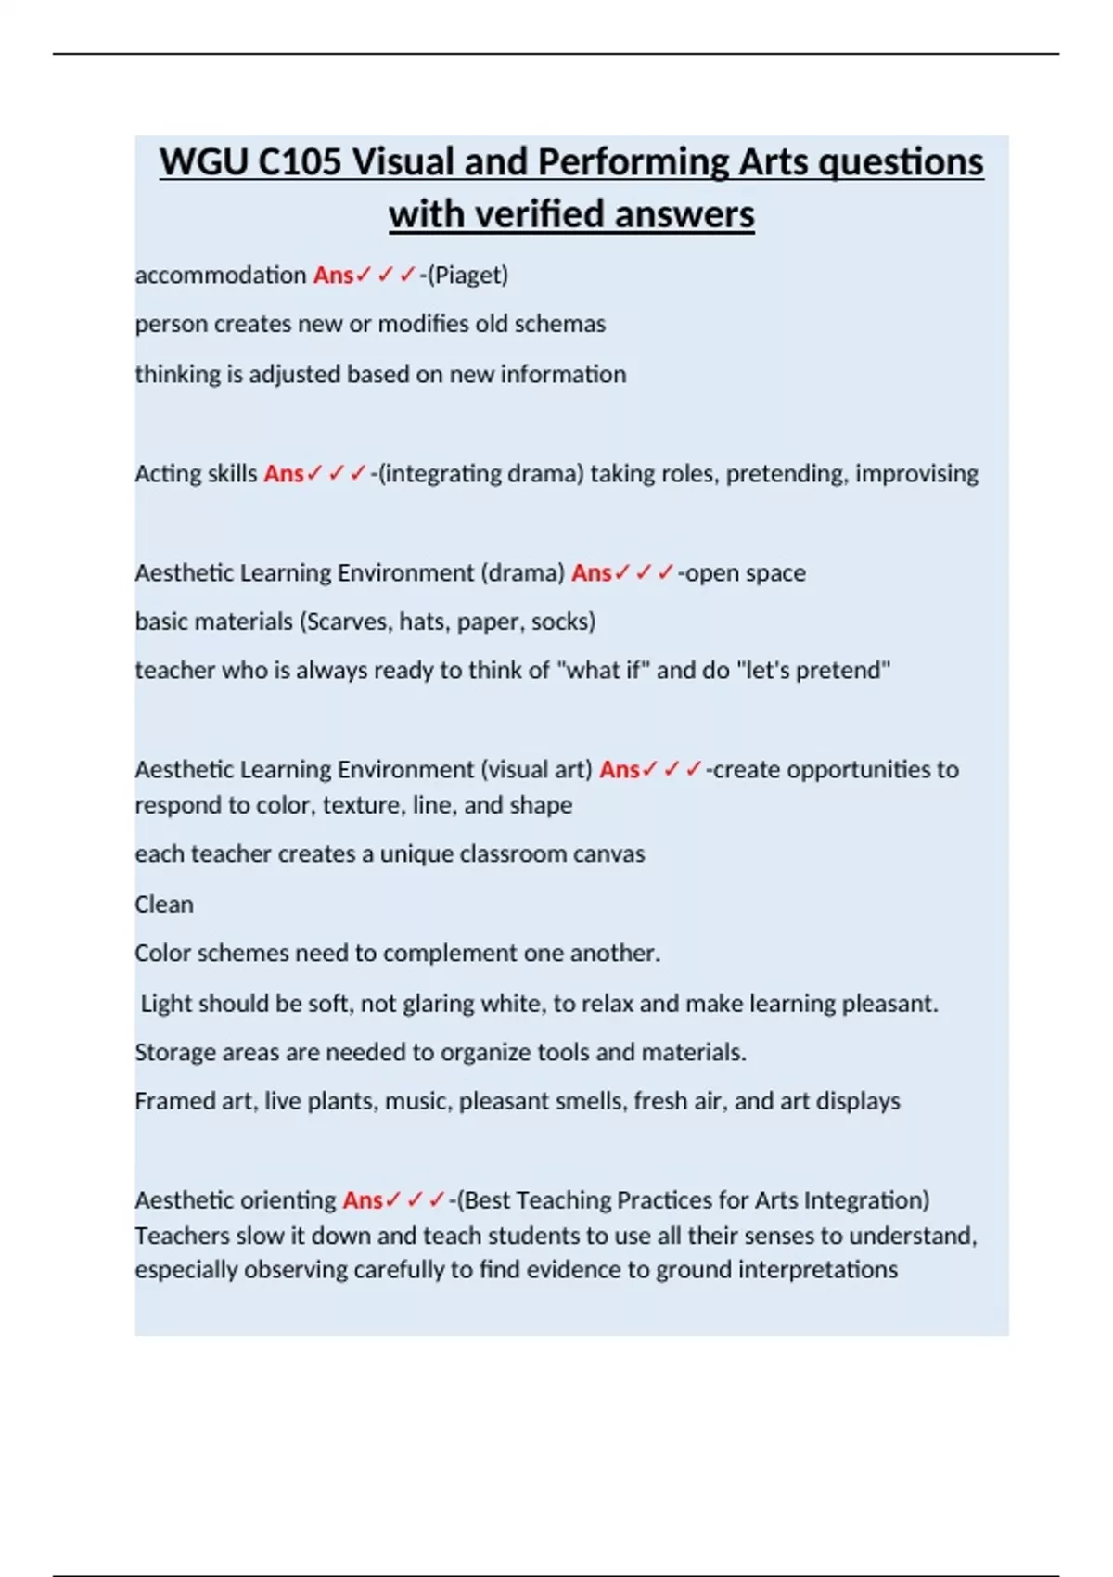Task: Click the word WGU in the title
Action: pos(203,162)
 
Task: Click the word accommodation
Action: pos(220,276)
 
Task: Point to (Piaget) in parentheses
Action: pos(468,276)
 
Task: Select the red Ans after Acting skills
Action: pos(284,474)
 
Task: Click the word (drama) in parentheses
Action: pos(522,573)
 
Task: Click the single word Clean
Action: pos(164,904)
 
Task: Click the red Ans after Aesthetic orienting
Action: pos(363,1200)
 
